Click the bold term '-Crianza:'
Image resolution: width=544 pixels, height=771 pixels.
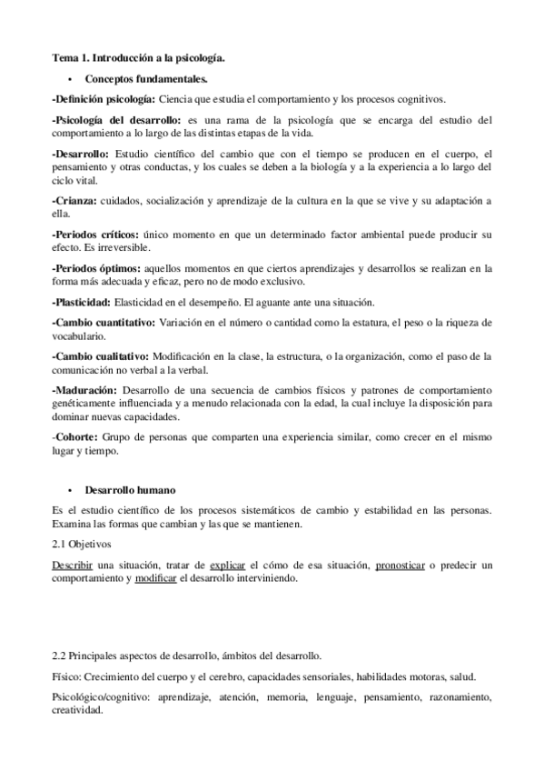(75, 200)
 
